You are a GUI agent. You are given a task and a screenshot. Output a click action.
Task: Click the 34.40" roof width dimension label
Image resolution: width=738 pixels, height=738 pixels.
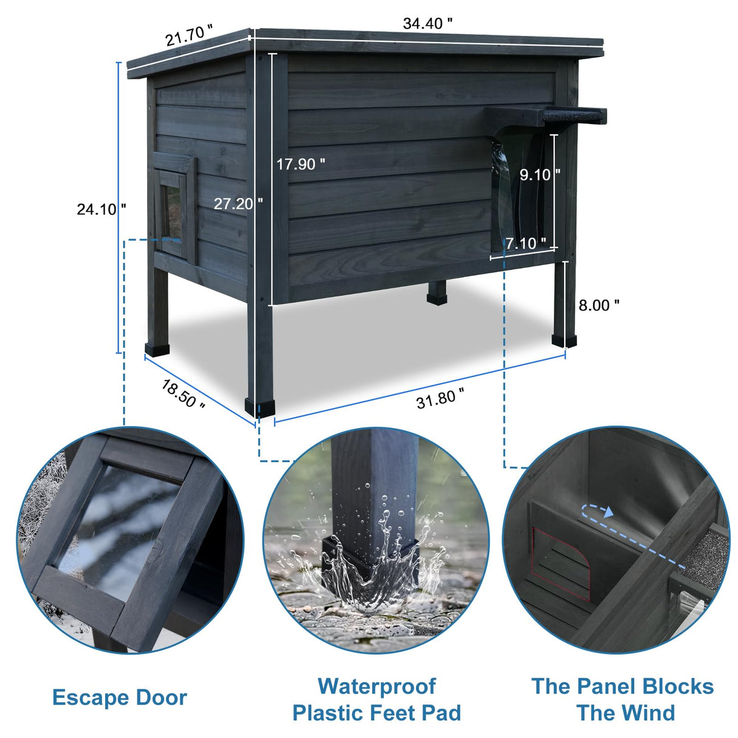pos(427,24)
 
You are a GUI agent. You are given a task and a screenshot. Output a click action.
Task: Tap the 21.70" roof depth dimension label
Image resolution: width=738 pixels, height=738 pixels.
pos(189,35)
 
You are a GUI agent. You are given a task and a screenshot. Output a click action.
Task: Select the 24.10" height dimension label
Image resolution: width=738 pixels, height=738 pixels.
pos(101,210)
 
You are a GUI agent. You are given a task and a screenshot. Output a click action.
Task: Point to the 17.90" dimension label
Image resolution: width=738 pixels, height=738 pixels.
pos(301,164)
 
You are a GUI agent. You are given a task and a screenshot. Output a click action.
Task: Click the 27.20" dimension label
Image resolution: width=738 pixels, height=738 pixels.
pos(238,204)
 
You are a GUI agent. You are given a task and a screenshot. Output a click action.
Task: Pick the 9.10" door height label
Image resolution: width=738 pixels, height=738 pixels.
pos(540,175)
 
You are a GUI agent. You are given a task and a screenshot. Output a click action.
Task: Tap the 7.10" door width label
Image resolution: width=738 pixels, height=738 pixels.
pos(526,243)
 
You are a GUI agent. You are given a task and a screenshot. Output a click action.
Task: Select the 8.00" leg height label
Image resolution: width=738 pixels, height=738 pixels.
pos(599,305)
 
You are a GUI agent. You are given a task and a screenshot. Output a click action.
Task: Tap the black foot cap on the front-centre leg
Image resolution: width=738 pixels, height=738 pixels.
pos(260,409)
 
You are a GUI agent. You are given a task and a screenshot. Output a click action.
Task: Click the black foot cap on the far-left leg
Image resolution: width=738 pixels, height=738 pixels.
pos(157,350)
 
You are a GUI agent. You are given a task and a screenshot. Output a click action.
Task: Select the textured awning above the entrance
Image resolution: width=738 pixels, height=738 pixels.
pos(574,117)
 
